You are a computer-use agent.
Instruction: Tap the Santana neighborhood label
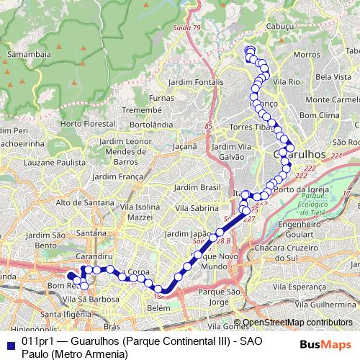click(x=91, y=233)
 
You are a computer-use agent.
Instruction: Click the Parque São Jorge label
click(x=222, y=297)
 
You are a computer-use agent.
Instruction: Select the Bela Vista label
click(x=333, y=76)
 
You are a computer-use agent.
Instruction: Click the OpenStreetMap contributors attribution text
click(x=297, y=323)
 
